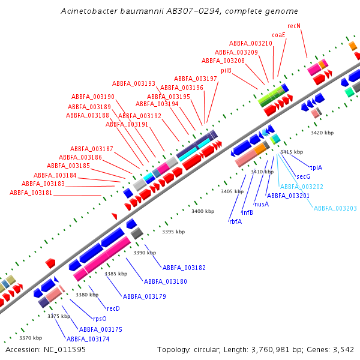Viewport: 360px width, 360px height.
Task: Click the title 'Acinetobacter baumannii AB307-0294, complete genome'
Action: pyautogui.click(x=180, y=11)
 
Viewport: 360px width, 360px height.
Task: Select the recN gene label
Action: pyautogui.click(x=294, y=26)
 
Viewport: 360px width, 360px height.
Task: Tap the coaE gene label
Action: pyautogui.click(x=278, y=35)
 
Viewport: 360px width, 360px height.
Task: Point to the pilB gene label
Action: pyautogui.click(x=226, y=70)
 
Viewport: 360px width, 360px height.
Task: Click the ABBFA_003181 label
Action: pyautogui.click(x=31, y=193)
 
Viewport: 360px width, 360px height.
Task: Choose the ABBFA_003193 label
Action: pyautogui.click(x=134, y=83)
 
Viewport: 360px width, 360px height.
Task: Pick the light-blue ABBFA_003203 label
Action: pyautogui.click(x=335, y=208)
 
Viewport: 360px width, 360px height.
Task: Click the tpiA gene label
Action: pyautogui.click(x=316, y=167)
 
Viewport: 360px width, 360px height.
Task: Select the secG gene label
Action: pyautogui.click(x=304, y=176)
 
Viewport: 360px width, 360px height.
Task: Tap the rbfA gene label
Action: pyautogui.click(x=235, y=221)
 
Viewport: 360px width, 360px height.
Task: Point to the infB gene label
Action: pyautogui.click(x=247, y=212)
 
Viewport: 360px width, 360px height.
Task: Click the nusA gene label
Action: pyautogui.click(x=262, y=204)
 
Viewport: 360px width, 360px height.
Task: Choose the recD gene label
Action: pyautogui.click(x=113, y=308)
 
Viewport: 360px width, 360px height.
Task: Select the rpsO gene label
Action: pyautogui.click(x=100, y=319)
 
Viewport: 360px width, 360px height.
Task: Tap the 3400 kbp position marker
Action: pyautogui.click(x=202, y=211)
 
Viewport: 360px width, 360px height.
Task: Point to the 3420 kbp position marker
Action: pyautogui.click(x=322, y=132)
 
